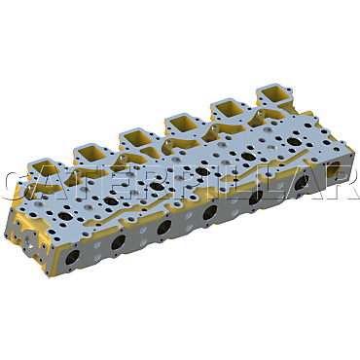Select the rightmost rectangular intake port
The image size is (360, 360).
274,94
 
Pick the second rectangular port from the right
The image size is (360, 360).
230,109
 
